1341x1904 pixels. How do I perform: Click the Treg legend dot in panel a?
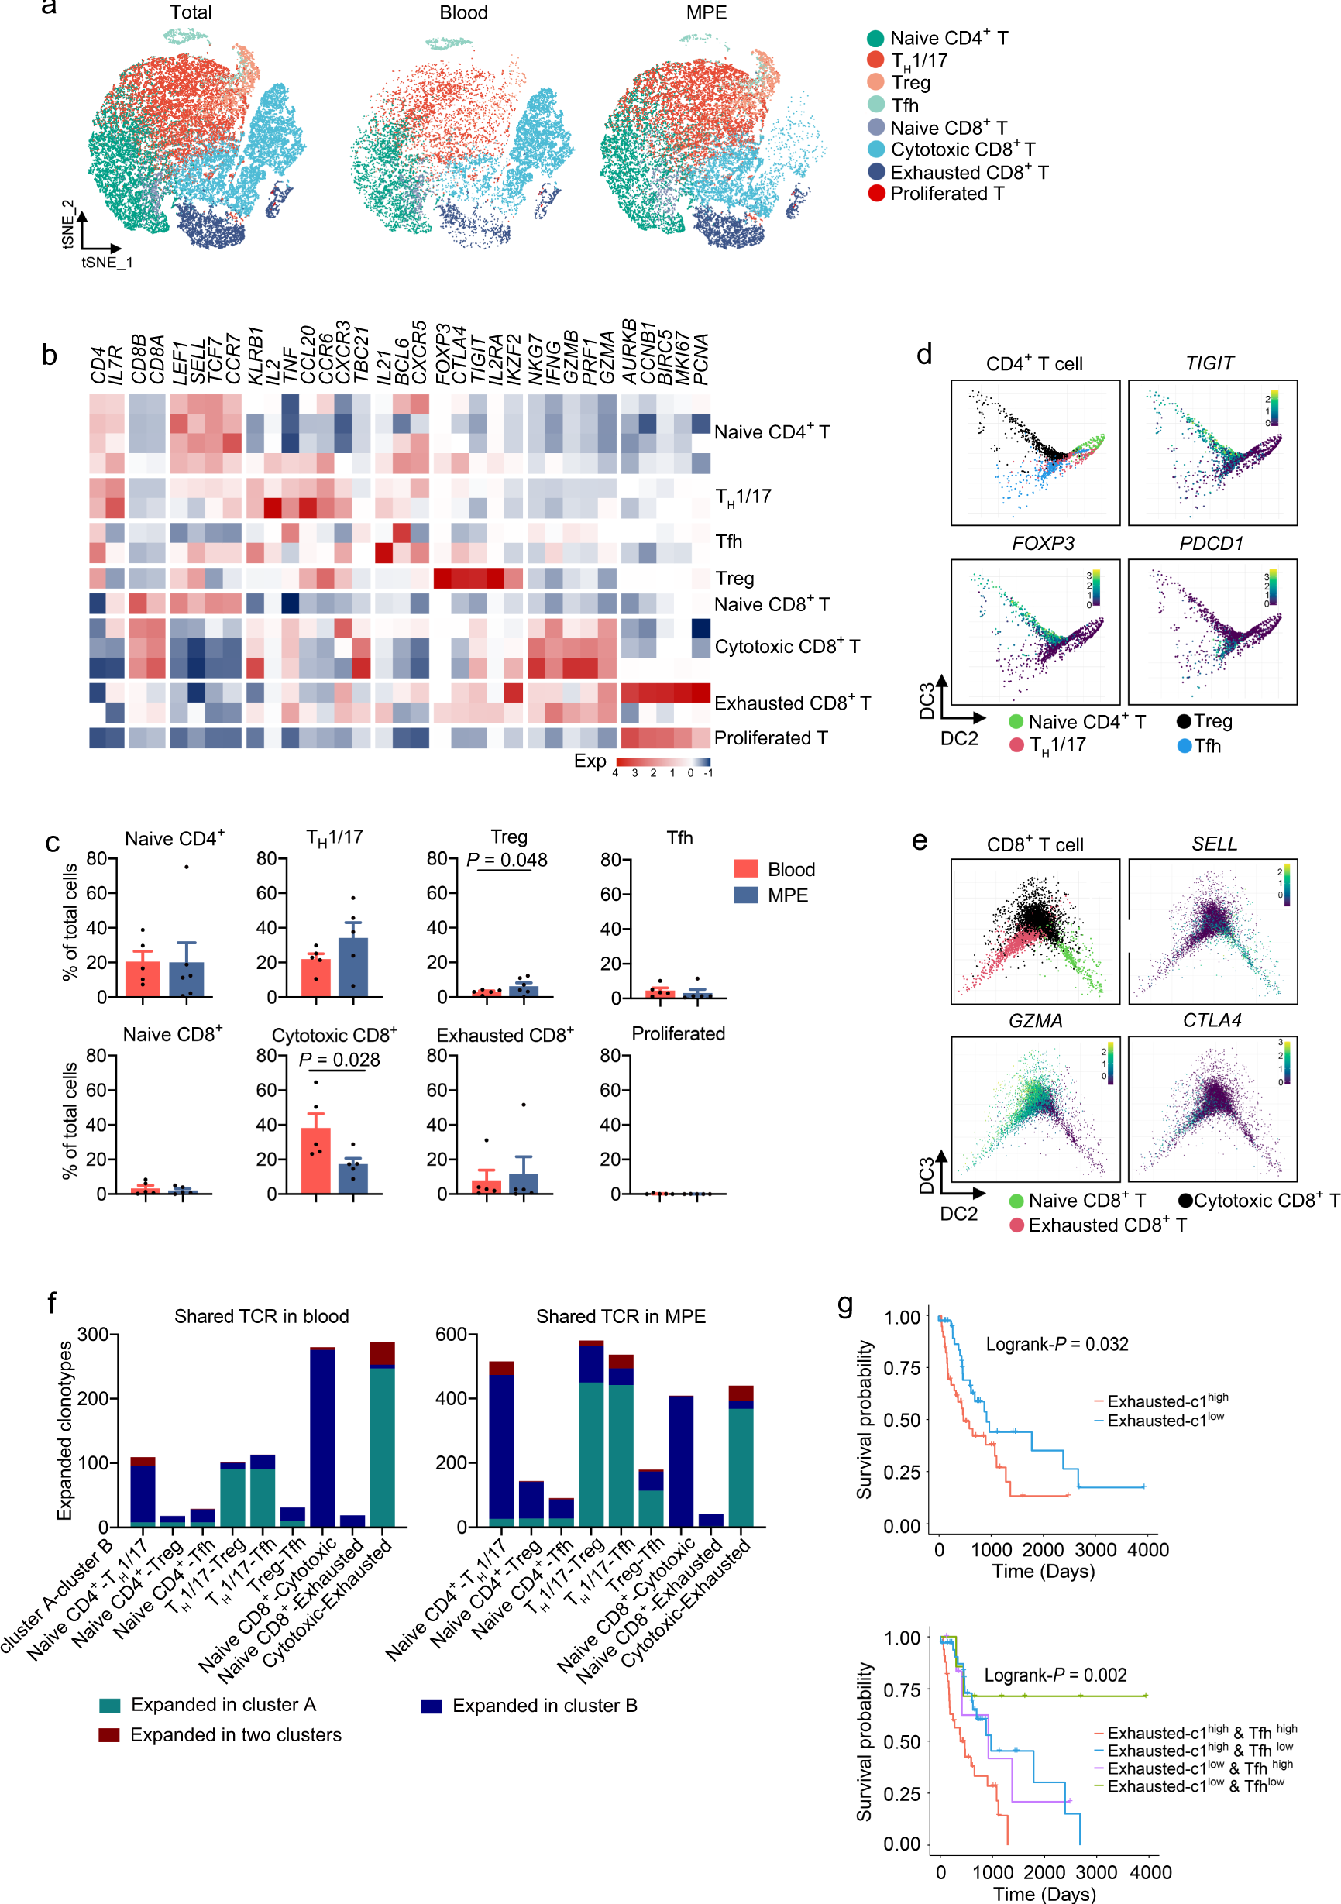pos(875,82)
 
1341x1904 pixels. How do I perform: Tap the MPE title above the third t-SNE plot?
pos(706,12)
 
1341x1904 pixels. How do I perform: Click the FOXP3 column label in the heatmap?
pos(442,355)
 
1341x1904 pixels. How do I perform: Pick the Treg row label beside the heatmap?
pos(734,578)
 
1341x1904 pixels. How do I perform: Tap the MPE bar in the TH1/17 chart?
pos(353,966)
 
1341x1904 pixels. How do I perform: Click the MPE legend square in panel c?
pos(744,895)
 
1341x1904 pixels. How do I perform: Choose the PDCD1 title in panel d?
pos(1211,543)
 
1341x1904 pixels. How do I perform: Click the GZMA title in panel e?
pos(1035,1020)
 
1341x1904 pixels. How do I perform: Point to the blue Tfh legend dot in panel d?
pos(1185,745)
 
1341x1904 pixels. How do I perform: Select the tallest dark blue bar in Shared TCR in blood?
pos(322,1437)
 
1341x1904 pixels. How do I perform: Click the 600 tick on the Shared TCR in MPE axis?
pos(456,1335)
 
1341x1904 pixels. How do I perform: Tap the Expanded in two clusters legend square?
pos(108,1735)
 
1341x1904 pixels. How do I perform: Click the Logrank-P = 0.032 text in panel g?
pos(1057,1343)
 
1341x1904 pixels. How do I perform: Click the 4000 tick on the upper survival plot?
pos(1148,1549)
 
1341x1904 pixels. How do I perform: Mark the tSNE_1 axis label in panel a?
pos(106,262)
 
